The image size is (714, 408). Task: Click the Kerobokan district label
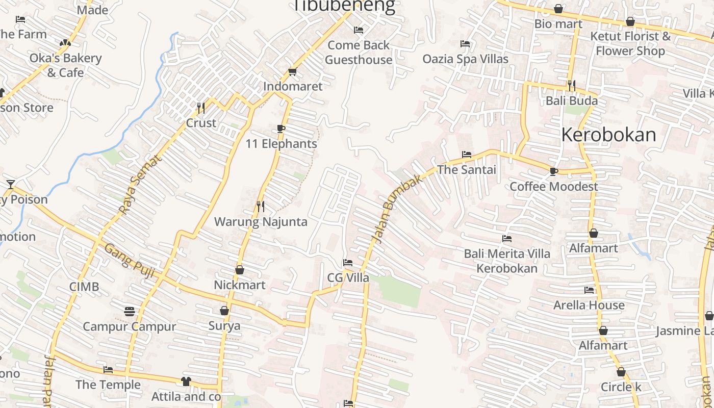coord(608,135)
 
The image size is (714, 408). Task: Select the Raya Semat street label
coord(140,184)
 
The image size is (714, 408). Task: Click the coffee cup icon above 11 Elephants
coord(280,129)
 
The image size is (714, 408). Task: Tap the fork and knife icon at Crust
coord(201,108)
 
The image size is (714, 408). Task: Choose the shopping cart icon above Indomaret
coord(292,71)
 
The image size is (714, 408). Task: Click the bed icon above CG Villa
coord(348,263)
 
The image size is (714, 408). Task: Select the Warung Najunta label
coord(261,222)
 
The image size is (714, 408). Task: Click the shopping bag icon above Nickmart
coord(239,270)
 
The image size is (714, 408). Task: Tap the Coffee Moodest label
coord(554,187)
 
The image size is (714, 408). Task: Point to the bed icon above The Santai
coord(466,155)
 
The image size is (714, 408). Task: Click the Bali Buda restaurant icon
coord(571,85)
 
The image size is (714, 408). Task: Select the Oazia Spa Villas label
coord(465,59)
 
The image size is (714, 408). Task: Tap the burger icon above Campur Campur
coord(129,311)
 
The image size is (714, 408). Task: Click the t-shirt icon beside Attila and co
coord(186,381)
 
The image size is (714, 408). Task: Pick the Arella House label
coord(589,305)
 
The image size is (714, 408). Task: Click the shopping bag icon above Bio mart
coord(558,9)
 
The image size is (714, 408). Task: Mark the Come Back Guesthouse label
coord(359,53)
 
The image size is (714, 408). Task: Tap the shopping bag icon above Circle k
coord(621,372)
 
